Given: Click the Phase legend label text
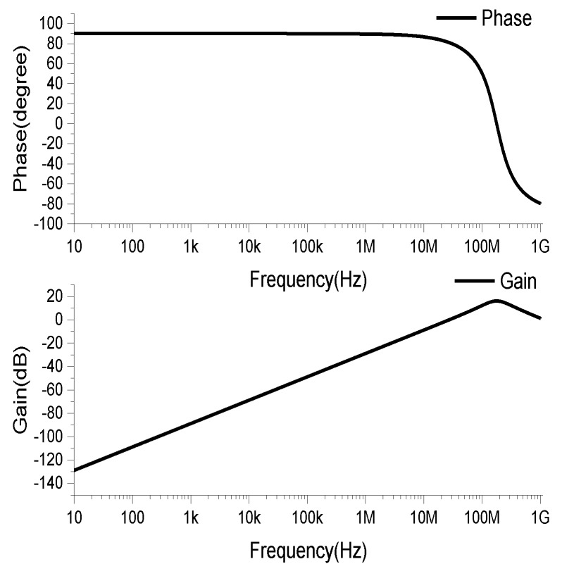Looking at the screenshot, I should click(506, 19).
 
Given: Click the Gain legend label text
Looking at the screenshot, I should click(518, 282).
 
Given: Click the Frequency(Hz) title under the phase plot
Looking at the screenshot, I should click(308, 280).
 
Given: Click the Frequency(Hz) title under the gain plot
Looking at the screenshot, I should click(308, 549).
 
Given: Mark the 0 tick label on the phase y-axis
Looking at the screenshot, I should click(59, 124).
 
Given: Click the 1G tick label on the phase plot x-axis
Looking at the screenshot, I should click(540, 247).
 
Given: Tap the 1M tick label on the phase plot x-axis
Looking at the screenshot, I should click(365, 247).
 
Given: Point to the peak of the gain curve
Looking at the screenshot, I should click(497, 301).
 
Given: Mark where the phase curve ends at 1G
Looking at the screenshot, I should click(539, 203).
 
